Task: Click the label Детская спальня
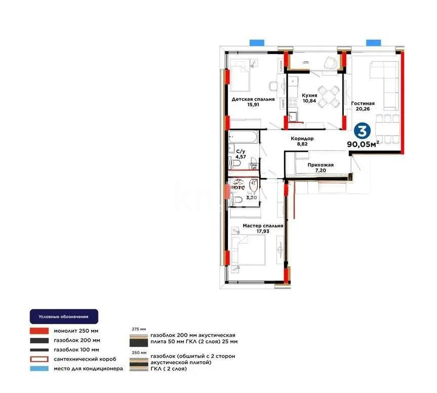253,99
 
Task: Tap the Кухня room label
309,95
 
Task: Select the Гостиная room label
363,104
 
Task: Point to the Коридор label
302,138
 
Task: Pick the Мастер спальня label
262,226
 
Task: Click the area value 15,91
253,106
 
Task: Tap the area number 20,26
363,111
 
